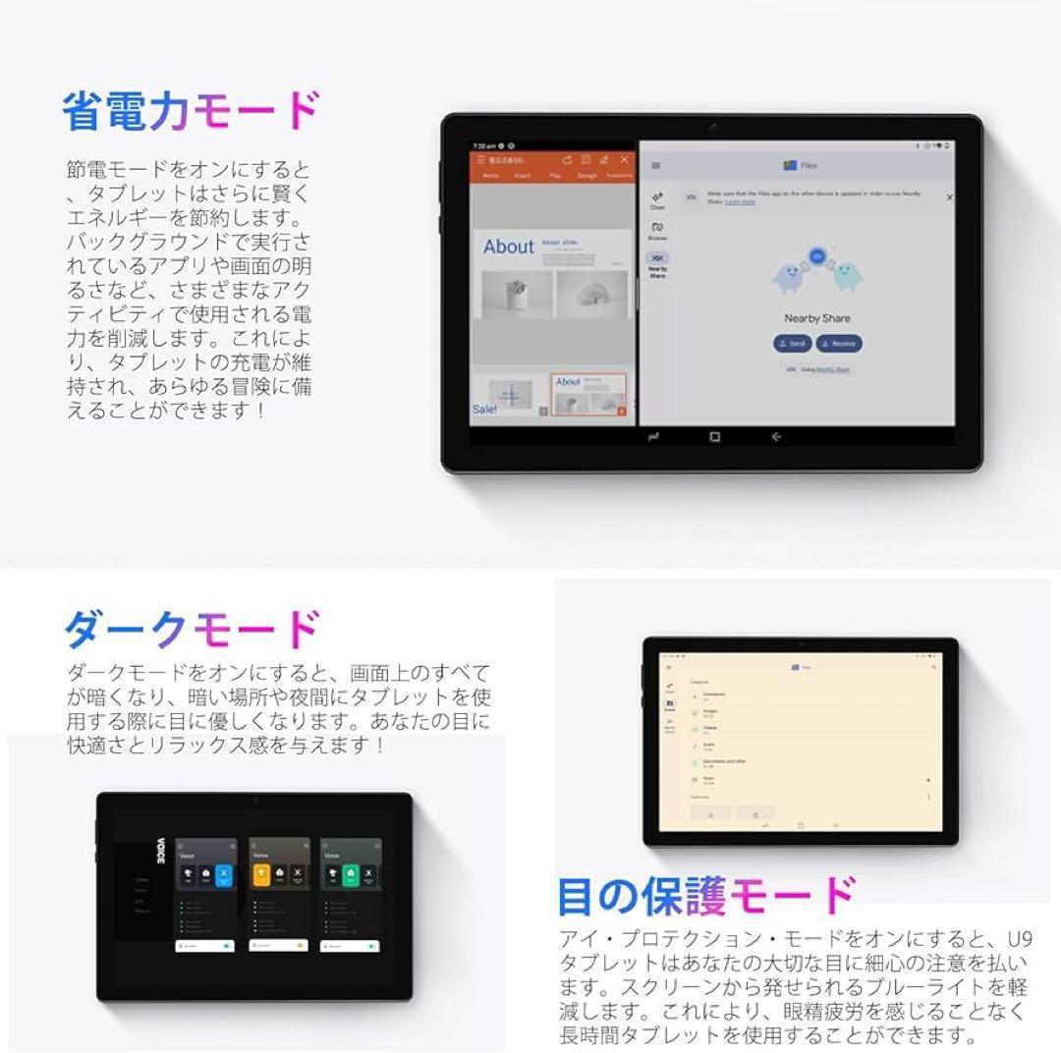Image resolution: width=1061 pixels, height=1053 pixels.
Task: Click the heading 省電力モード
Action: [x=192, y=113]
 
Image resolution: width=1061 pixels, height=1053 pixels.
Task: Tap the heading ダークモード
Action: [x=192, y=630]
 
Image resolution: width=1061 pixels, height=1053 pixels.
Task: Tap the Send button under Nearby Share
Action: [x=792, y=344]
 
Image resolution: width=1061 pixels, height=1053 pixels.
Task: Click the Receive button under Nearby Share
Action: [x=839, y=344]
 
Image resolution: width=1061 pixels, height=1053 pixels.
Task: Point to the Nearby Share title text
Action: [x=816, y=318]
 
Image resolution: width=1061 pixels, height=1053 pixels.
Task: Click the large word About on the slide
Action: [x=509, y=248]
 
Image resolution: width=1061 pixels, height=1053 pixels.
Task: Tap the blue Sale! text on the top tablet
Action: [x=484, y=410]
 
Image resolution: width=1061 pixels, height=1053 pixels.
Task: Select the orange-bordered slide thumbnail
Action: [x=587, y=394]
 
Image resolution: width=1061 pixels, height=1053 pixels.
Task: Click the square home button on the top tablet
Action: [x=714, y=437]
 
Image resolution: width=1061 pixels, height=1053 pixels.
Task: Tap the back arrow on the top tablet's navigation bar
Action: [x=776, y=437]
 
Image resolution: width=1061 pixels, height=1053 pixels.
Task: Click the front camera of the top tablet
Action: [x=713, y=128]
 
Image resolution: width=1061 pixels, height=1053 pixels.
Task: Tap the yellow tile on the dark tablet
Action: [x=261, y=875]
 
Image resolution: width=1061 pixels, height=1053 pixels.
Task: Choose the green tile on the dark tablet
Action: [x=350, y=875]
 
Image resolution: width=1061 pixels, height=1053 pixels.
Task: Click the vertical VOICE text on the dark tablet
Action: [x=160, y=851]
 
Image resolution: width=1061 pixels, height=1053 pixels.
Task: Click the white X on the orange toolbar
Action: [x=624, y=160]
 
